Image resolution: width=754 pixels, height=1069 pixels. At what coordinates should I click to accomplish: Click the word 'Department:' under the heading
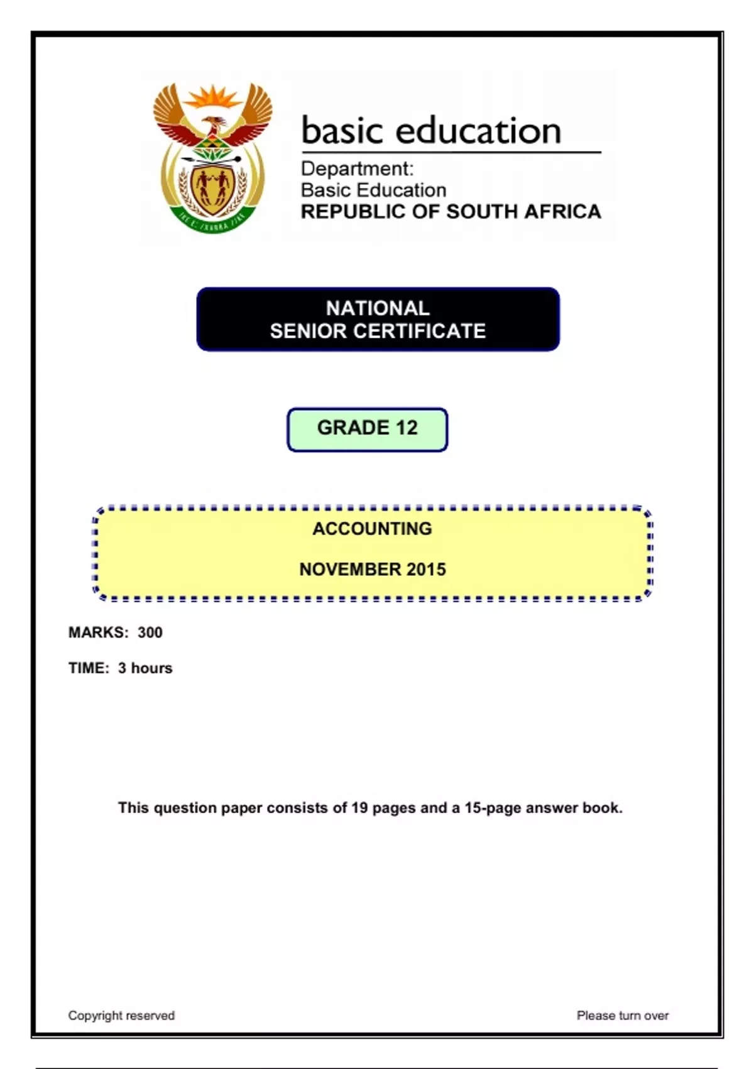[357, 169]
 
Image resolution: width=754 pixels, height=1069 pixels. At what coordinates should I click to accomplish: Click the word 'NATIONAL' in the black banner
[378, 308]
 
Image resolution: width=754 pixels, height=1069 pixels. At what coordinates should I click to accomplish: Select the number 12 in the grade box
[407, 428]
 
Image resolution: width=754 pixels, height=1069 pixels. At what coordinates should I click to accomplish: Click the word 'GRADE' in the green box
[353, 428]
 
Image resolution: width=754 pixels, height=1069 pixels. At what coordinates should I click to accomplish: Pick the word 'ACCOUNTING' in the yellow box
[372, 529]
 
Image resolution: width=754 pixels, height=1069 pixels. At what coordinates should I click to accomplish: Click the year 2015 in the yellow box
[426, 569]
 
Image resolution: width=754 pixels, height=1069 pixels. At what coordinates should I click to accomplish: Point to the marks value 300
[150, 633]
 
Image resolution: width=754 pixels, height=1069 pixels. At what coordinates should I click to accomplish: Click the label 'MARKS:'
[99, 633]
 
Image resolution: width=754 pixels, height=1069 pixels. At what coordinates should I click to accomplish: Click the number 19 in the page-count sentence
[359, 808]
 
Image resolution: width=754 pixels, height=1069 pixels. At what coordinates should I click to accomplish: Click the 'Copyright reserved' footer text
[121, 1016]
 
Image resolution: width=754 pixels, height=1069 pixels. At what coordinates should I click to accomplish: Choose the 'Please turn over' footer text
[623, 1016]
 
